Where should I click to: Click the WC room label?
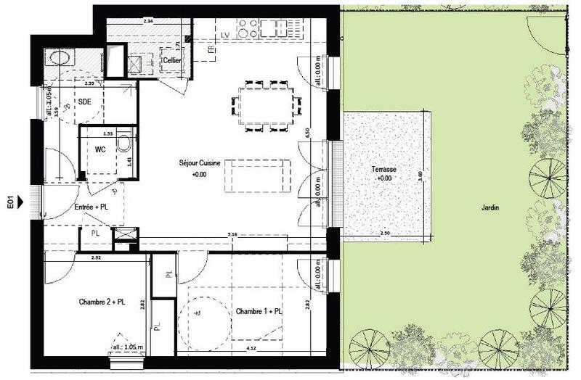[101, 150]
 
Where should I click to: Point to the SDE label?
[85, 102]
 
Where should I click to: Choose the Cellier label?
[171, 60]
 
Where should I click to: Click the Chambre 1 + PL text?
[259, 311]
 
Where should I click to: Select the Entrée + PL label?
[92, 208]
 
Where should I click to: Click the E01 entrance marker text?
[11, 199]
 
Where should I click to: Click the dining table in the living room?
[265, 104]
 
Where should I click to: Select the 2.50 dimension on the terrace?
[386, 233]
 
